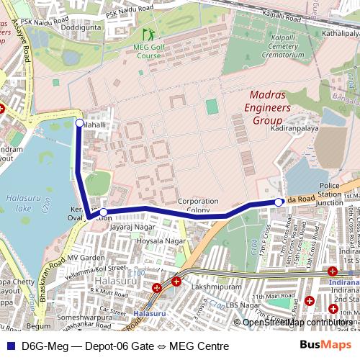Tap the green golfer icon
149,35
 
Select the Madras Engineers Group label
269,107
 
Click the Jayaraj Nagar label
133,226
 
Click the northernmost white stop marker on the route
79,124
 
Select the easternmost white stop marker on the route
279,202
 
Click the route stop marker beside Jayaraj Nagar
104,212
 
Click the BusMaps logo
325,345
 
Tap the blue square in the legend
10,346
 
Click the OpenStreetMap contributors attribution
297,323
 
